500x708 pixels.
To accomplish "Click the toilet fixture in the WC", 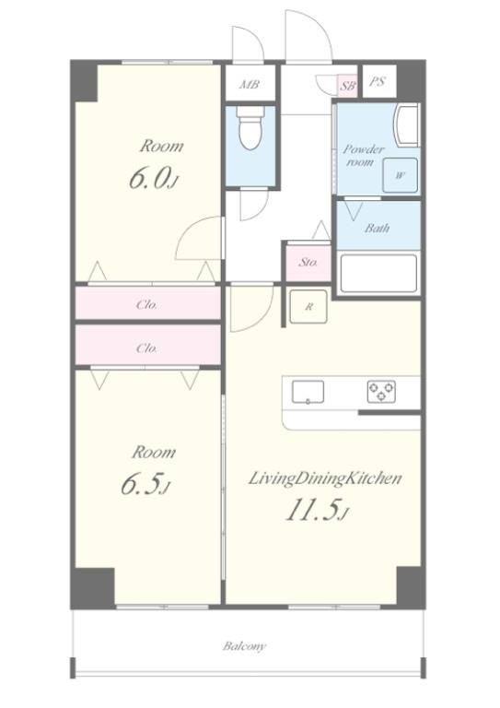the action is [250, 128].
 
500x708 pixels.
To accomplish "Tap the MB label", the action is [250, 84].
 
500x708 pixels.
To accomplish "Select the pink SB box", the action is [348, 86].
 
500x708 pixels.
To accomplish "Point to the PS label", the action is [378, 82].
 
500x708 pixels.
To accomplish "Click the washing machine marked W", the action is [400, 176].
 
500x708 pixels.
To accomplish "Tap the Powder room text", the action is [364, 155].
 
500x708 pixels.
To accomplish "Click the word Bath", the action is [377, 228].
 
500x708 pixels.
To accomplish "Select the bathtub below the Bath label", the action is [378, 274].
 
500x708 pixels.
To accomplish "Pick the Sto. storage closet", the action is [308, 262].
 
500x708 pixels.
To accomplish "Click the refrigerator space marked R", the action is [308, 307].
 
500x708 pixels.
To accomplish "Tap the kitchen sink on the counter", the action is [308, 392].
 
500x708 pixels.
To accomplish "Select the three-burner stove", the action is [381, 392].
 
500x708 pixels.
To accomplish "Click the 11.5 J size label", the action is [318, 511].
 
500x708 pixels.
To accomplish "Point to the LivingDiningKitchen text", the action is [325, 478].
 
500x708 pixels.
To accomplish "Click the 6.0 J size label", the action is [153, 178].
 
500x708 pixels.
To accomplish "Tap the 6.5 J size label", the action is [145, 484].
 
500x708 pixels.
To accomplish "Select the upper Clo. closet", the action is [148, 303].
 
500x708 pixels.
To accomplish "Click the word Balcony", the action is [244, 646].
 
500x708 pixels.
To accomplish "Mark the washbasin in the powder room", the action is [407, 125].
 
